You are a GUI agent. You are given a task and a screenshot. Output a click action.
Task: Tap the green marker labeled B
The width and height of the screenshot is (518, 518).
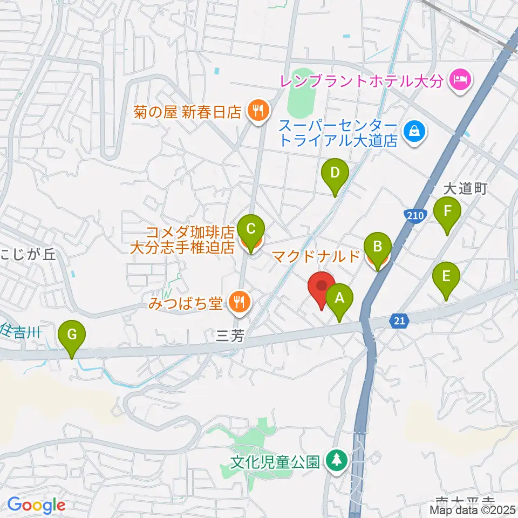pyautogui.click(x=378, y=248)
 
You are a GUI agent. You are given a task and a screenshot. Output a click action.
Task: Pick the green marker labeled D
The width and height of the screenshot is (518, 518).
pyautogui.click(x=335, y=174)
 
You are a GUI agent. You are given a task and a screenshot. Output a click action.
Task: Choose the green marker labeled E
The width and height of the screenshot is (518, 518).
pyautogui.click(x=446, y=277)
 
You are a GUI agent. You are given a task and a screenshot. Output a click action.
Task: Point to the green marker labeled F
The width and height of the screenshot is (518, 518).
pyautogui.click(x=447, y=212)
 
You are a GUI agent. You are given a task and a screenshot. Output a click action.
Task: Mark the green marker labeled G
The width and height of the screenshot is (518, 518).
pyautogui.click(x=71, y=335)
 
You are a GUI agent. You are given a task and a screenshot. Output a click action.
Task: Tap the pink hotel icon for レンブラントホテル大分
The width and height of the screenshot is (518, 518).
pyautogui.click(x=460, y=81)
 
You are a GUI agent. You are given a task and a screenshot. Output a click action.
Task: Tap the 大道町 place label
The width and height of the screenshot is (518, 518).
pyautogui.click(x=465, y=189)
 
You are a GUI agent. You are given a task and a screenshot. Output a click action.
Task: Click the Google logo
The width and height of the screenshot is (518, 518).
pyautogui.click(x=36, y=506)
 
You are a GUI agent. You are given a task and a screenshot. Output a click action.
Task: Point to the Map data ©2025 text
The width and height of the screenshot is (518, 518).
pyautogui.click(x=473, y=510)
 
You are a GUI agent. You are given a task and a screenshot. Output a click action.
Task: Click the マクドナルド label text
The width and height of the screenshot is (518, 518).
pyautogui.click(x=316, y=255)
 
